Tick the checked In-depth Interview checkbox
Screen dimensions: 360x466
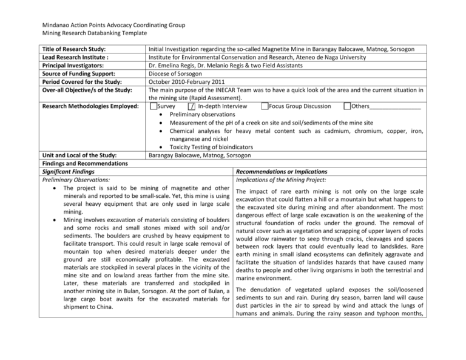(x=191, y=107)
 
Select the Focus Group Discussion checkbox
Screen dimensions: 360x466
(x=265, y=107)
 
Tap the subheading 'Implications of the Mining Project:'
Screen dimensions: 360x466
(x=285, y=180)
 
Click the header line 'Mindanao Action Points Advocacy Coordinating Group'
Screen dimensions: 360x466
(x=101, y=26)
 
